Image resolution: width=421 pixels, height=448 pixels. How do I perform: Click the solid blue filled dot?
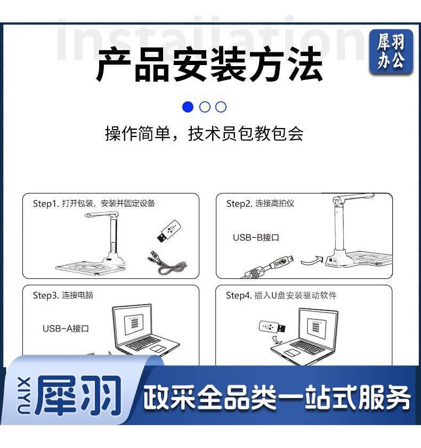tap(188, 107)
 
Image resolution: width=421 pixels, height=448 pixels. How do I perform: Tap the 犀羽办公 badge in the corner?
tap(391, 52)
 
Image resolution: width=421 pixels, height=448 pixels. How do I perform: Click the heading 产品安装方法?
tap(210, 64)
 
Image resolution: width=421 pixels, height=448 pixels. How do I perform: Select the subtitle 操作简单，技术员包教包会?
tap(204, 133)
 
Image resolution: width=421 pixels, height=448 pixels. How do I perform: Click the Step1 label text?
tap(94, 203)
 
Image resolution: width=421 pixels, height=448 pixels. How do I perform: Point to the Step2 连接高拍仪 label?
tap(260, 203)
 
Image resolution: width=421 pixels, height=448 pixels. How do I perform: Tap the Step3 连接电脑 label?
tap(63, 295)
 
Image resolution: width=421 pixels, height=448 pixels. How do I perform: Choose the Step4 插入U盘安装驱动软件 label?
tap(281, 295)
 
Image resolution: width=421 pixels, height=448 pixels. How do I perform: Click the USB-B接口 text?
tap(256, 237)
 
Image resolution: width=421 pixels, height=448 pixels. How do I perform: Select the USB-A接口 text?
tap(66, 329)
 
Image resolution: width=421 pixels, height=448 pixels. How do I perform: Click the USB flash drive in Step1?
tap(169, 231)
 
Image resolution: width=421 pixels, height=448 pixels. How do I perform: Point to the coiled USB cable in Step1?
tap(167, 263)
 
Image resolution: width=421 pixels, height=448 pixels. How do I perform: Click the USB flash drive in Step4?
tap(272, 327)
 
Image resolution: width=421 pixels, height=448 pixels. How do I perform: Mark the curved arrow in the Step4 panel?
tap(277, 340)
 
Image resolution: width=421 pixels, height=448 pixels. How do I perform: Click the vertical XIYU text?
tap(23, 395)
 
